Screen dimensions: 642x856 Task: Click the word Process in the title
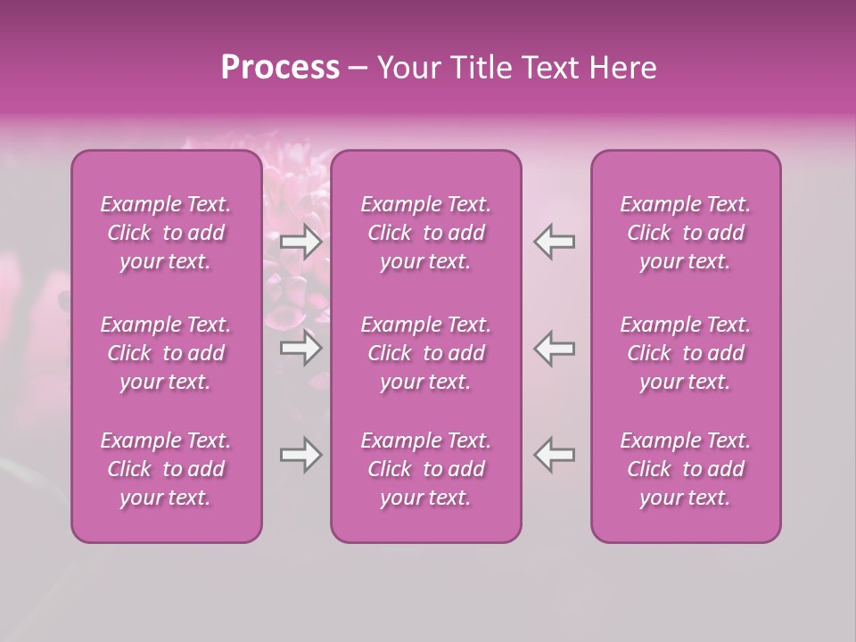click(x=280, y=68)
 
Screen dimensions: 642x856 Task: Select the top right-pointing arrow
click(x=301, y=242)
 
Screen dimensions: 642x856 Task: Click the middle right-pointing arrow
click(x=301, y=348)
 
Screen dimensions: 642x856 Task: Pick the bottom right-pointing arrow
click(x=301, y=455)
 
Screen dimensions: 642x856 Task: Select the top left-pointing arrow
click(x=555, y=242)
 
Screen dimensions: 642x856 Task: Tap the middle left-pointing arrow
click(x=555, y=348)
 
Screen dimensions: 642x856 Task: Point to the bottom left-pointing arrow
click(x=555, y=455)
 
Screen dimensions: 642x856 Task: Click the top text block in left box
click(x=166, y=233)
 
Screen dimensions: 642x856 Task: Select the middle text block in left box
click(x=166, y=353)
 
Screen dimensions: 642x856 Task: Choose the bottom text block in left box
click(x=166, y=469)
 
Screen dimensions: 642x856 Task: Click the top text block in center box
click(x=426, y=233)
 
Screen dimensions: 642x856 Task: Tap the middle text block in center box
click(x=426, y=353)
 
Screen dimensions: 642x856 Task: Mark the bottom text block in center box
click(x=426, y=469)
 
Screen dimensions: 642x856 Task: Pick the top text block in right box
click(x=686, y=233)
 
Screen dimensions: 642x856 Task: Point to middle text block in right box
click(x=686, y=353)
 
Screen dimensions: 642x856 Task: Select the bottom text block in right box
click(x=686, y=469)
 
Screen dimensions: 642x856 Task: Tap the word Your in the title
click(x=407, y=68)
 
